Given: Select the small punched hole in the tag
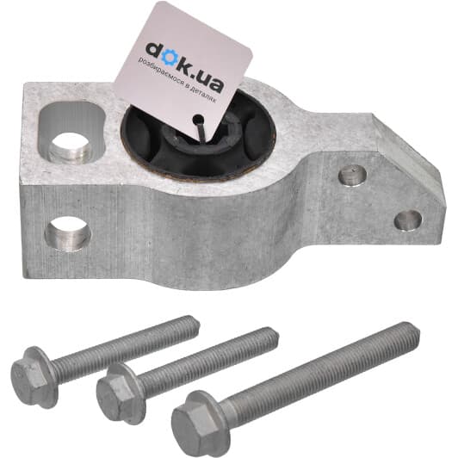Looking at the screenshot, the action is (198, 119).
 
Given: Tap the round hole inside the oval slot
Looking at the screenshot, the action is (70, 146).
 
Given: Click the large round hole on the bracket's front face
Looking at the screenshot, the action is (68, 233).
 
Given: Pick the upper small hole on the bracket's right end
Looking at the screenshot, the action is (353, 176).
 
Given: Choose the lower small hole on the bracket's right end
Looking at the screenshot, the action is (408, 220).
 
